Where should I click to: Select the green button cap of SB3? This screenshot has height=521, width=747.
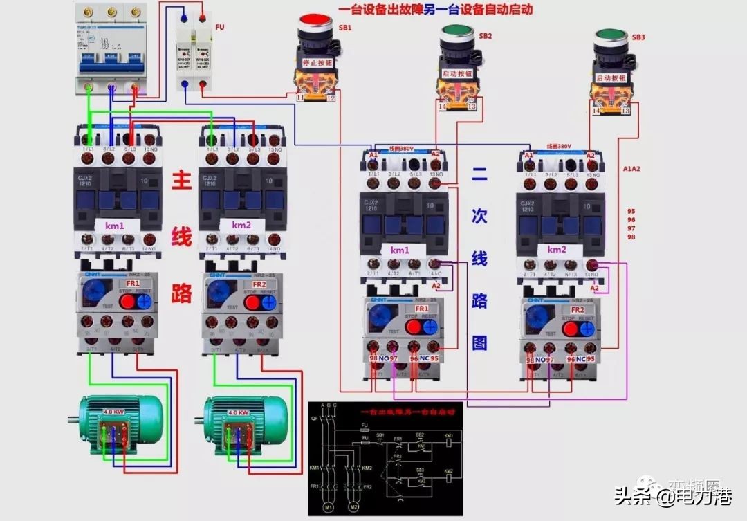tap(612, 36)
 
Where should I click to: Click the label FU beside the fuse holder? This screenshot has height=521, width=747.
tap(220, 28)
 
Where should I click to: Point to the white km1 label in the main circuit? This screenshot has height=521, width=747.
tap(115, 226)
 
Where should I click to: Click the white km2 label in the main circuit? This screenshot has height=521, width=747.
tap(241, 226)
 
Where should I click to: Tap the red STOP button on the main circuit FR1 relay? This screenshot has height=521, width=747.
tap(126, 302)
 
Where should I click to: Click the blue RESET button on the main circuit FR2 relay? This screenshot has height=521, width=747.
tap(269, 302)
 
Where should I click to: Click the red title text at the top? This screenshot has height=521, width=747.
tap(436, 10)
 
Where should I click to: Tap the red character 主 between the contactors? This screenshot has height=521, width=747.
tap(181, 182)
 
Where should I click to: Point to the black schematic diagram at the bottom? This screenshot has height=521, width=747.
tap(385, 457)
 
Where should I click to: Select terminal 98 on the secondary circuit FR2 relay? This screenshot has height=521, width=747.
tap(530, 348)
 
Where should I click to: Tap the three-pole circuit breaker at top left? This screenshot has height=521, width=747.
tap(111, 48)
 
